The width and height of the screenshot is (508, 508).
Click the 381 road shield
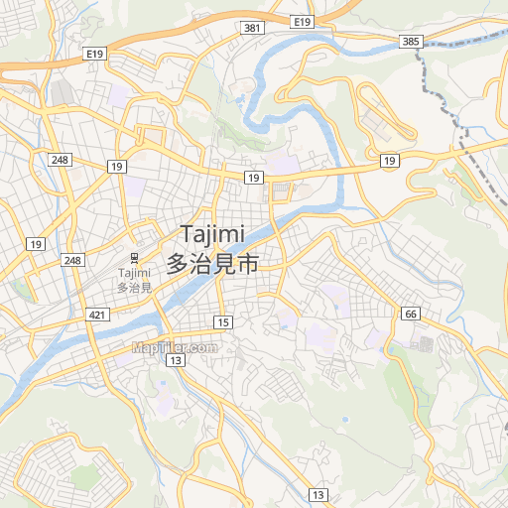pyautogui.click(x=252, y=28)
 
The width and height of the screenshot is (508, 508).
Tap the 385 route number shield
pyautogui.click(x=412, y=41)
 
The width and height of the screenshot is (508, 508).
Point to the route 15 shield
pyautogui.click(x=223, y=322)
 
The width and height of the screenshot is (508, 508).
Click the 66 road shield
pyautogui.click(x=411, y=315)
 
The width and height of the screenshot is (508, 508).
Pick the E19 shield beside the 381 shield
pyautogui.click(x=303, y=21)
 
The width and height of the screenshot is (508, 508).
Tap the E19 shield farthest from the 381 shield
pyautogui.click(x=95, y=53)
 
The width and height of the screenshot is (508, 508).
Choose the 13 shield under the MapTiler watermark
pyautogui.click(x=176, y=360)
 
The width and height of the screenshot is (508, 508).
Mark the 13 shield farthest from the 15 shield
pyautogui.click(x=317, y=494)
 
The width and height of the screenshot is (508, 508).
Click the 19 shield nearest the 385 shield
pyautogui.click(x=389, y=160)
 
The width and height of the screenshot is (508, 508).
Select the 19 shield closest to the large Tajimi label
pyautogui.click(x=254, y=177)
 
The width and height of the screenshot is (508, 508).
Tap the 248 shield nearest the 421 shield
pyautogui.click(x=71, y=260)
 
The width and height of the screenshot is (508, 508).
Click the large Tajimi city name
pyautogui.click(x=212, y=234)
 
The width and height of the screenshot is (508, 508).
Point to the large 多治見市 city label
pyautogui.click(x=212, y=264)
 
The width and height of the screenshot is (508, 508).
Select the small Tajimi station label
pyautogui.click(x=134, y=273)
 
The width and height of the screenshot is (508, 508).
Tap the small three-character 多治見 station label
pyautogui.click(x=134, y=288)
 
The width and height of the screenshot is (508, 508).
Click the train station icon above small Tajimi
pyautogui.click(x=134, y=256)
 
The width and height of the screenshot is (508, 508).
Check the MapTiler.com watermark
pyautogui.click(x=174, y=347)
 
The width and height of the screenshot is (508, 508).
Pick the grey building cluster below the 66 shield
pyautogui.click(x=425, y=344)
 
